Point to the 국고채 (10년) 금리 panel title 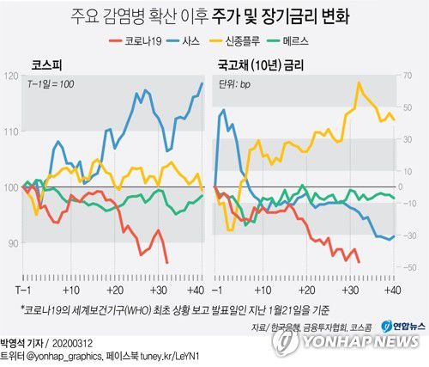[x=263, y=64]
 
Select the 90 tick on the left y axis [x=12, y=244]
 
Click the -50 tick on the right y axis [x=410, y=269]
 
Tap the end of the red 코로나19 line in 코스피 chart [x=166, y=262]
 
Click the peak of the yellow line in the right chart [x=359, y=83]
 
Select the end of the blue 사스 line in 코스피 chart [x=202, y=83]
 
